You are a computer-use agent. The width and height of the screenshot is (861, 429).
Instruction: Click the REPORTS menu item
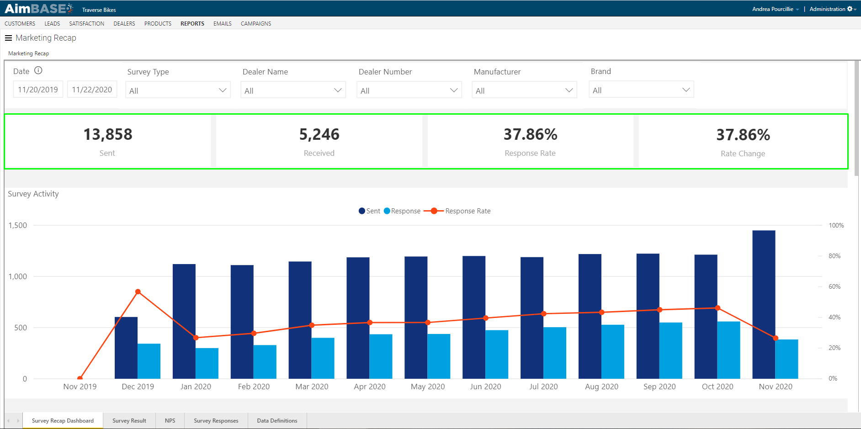coord(192,24)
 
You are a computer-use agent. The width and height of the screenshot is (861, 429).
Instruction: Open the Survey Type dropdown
coord(178,90)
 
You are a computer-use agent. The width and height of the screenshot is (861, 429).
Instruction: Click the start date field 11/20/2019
coord(38,90)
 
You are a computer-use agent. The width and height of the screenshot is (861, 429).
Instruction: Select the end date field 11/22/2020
coord(92,90)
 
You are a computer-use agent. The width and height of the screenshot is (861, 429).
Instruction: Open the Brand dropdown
coord(641,90)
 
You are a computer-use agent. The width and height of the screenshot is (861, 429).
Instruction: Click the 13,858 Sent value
coord(108,134)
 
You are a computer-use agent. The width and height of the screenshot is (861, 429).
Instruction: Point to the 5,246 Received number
coord(319,134)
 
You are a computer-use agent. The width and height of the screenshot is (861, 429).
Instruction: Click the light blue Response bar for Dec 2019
coord(149,361)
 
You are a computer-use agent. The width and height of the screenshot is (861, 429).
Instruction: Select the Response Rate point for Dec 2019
coord(138,291)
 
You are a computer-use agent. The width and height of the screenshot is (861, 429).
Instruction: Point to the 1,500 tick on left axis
coord(18,225)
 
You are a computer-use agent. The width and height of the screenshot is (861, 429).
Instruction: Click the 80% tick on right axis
coord(834,256)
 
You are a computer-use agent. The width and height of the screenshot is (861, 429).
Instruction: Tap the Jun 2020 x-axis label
coord(485,387)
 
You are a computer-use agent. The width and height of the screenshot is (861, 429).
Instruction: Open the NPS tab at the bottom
coord(170,421)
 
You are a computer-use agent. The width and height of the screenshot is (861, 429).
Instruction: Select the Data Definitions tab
coord(277,421)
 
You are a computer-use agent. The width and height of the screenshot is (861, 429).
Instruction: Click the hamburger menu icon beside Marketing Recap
coord(8,38)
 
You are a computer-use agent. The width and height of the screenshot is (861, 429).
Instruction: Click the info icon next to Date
coord(38,70)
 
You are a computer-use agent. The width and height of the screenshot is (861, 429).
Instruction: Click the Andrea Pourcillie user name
coord(772,9)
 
